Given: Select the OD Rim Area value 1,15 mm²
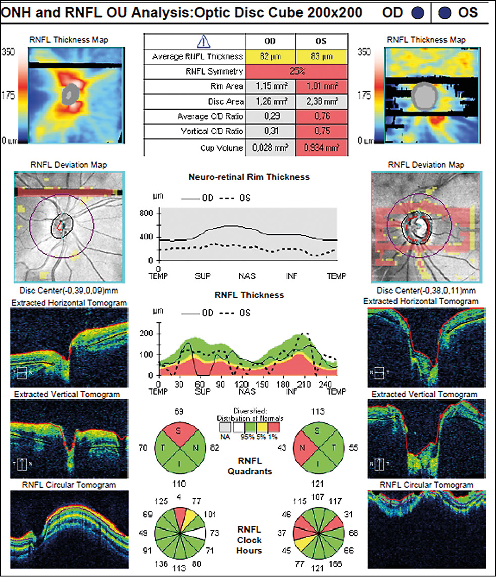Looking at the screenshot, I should tap(271, 87).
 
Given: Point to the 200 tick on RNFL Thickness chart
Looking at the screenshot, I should tap(146, 334).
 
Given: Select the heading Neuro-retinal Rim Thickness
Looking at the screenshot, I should tap(249, 177).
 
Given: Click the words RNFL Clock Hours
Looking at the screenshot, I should tap(249, 540).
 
